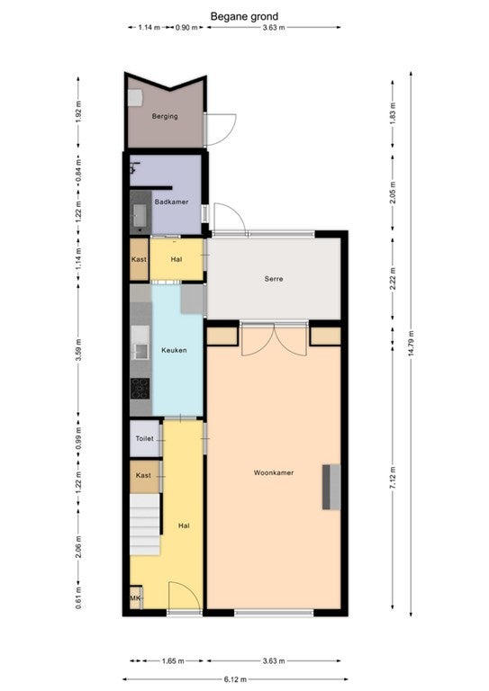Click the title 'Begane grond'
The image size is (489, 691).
coord(244,17)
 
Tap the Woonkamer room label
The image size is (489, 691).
coord(274,473)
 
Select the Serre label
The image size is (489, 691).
coord(274,279)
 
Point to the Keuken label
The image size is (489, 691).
coord(174,350)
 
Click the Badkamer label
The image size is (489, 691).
coord(171,202)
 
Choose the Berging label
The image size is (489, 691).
coord(165,116)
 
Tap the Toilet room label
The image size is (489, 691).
coord(145,439)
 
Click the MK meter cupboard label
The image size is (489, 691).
coord(134,598)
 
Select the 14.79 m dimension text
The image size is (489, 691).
coord(411,344)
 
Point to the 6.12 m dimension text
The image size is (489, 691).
coord(235,679)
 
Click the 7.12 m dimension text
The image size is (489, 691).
coord(393,477)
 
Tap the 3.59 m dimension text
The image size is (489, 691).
coord(78,350)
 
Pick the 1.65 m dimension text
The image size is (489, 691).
coord(173,661)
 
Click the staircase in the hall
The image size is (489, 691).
coord(145,525)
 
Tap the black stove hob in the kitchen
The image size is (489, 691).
coord(140,389)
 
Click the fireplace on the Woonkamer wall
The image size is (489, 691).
coord(331,487)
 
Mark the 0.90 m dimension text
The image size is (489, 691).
coord(186,27)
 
